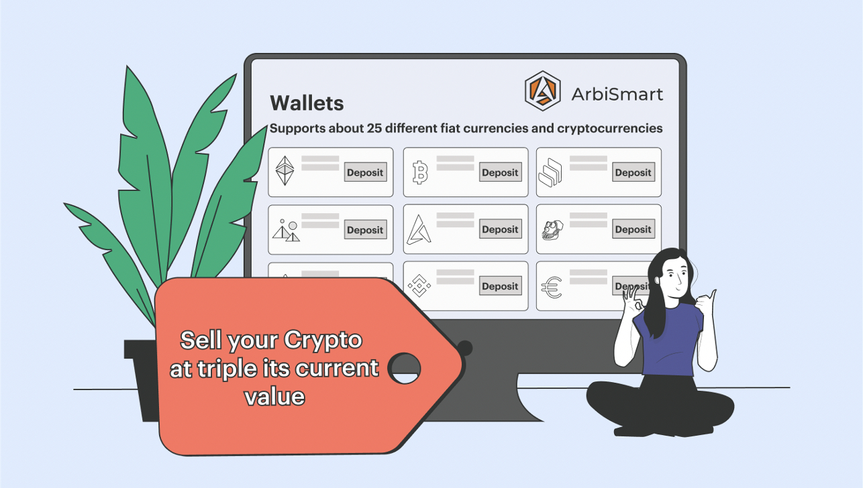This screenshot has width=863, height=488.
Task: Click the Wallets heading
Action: point(307,103)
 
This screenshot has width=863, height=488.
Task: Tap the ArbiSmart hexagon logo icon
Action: point(542,90)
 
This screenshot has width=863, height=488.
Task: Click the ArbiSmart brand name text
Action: point(617,94)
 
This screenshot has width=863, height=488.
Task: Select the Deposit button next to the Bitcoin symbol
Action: point(500,172)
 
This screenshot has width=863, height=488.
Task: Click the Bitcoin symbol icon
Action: point(420,172)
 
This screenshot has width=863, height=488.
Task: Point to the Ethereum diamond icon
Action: point(285,170)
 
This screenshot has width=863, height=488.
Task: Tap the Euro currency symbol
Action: point(552,287)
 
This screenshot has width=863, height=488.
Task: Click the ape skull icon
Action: point(552,230)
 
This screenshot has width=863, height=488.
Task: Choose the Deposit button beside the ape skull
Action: point(633,229)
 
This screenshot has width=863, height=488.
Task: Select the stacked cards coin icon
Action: point(550,172)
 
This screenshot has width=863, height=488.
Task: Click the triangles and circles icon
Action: point(286,230)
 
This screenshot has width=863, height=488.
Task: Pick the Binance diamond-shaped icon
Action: point(419,286)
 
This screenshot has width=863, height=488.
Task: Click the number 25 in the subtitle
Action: point(374,128)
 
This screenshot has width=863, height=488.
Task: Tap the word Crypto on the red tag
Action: point(323,341)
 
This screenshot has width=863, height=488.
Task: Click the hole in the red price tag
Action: point(405,368)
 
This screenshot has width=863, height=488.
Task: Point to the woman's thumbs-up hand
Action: point(706,304)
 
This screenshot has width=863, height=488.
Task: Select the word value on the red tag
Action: point(274,396)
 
